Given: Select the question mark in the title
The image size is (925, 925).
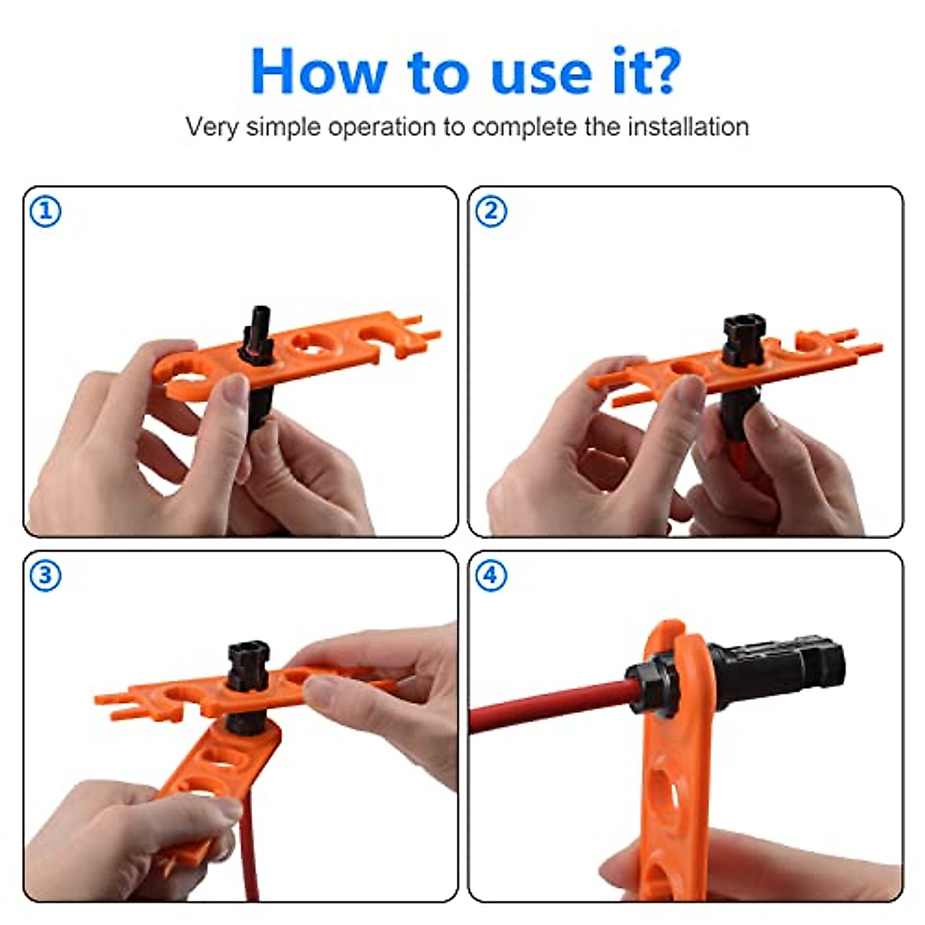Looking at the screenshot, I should click(660, 72).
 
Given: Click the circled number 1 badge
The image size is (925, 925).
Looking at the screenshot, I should click(45, 210).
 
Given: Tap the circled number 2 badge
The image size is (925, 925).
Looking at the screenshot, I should click(491, 210).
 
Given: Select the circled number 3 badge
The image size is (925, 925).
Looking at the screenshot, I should click(45, 575).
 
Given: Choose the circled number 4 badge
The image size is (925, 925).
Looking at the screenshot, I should click(491, 575).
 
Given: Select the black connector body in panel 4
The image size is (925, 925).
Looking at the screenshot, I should click(779, 667).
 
